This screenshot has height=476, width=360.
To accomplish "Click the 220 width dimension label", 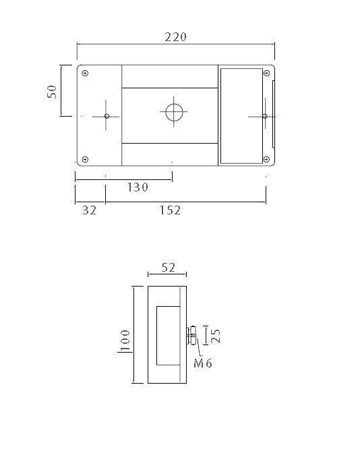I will click(x=175, y=36).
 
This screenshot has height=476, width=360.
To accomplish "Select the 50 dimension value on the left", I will click(x=52, y=91).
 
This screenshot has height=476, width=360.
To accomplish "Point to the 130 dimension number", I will click(x=138, y=187).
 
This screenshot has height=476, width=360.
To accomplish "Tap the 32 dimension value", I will click(x=89, y=210).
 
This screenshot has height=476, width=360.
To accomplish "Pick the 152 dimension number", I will click(x=170, y=210).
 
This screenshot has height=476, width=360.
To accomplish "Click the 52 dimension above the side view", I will click(x=168, y=268).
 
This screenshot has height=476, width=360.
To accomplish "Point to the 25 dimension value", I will click(x=215, y=335).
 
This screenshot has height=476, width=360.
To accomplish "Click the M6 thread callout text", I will click(x=204, y=363).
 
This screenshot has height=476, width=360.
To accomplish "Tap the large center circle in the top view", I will click(x=173, y=112).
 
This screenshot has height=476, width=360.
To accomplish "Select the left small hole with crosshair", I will click(x=107, y=116).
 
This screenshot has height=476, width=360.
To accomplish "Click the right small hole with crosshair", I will click(x=264, y=116).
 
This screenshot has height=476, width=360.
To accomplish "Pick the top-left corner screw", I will click(x=85, y=72).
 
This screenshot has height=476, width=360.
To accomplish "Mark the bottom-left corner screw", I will click(x=85, y=159).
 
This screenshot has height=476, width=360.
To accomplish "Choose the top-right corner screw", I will click(x=266, y=72).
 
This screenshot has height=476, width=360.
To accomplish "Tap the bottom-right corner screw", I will click(x=266, y=159).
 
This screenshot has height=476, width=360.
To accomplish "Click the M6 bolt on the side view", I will click(x=191, y=334).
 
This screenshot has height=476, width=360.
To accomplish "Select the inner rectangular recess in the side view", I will click(x=168, y=335).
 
